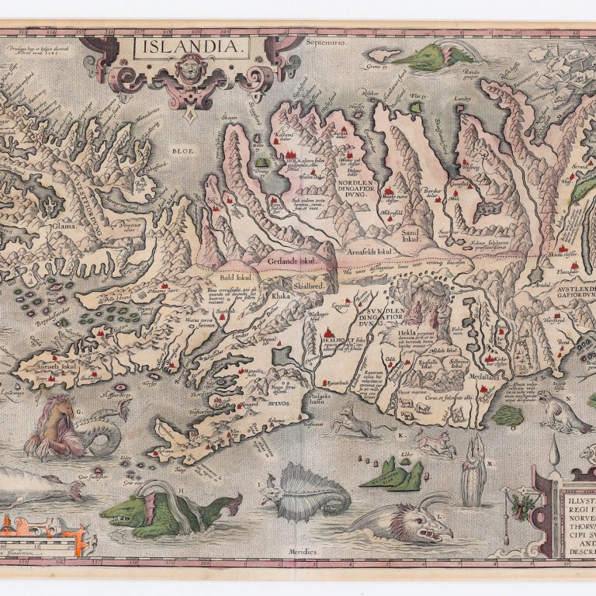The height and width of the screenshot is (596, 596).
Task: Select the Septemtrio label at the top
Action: coord(324,43)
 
